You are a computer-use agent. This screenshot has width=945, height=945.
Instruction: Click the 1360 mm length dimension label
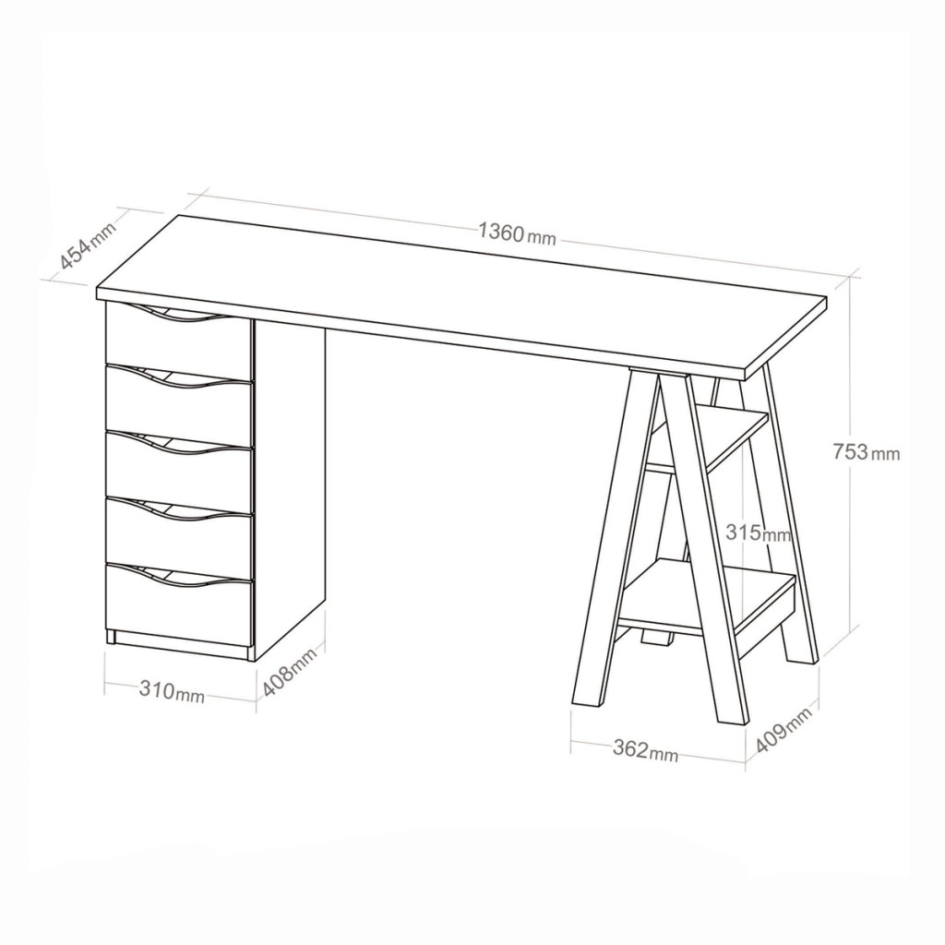click(x=517, y=233)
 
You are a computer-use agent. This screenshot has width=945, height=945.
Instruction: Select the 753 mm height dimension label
click(x=867, y=451)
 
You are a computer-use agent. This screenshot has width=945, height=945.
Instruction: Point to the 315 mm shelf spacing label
click(x=759, y=532)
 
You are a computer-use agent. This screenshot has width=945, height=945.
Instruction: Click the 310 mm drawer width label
click(x=172, y=691)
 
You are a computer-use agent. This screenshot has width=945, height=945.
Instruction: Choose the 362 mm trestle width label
click(x=645, y=750)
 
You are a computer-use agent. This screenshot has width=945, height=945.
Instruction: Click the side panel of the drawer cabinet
click(x=289, y=488)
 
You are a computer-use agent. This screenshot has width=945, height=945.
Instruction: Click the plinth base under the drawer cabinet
click(x=181, y=646)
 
